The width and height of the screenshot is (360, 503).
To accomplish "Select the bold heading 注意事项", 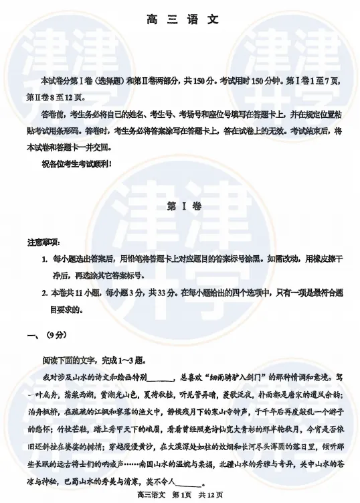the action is pos(43,242).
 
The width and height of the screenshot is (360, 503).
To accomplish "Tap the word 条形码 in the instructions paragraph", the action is pos(79,131).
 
